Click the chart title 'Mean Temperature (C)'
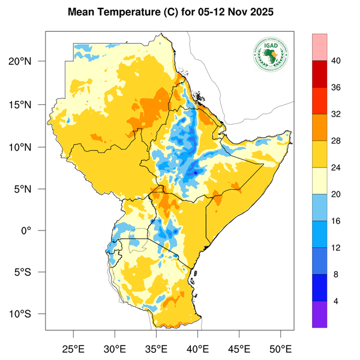(121, 12)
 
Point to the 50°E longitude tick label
(280, 348)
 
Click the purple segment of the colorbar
(319, 314)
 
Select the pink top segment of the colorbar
(319, 47)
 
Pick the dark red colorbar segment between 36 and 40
(319, 73)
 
